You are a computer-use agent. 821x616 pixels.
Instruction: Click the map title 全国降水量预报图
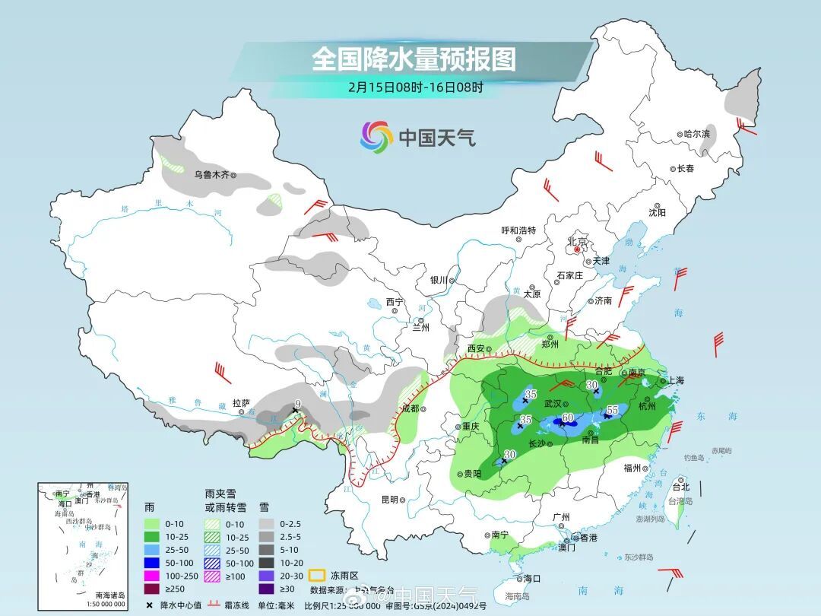tap(414, 59)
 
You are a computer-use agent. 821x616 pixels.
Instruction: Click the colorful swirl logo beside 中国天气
tap(376, 137)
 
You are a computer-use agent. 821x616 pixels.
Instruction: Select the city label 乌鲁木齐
tap(212, 174)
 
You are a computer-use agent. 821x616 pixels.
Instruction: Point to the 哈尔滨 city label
tap(696, 133)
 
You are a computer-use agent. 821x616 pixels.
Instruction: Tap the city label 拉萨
tap(241, 403)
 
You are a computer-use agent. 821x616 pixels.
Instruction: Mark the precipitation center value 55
tap(611, 411)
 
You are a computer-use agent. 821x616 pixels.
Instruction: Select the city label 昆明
tap(389, 500)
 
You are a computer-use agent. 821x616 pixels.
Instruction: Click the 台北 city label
tap(681, 487)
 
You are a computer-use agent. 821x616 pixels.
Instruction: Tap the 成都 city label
tap(410, 408)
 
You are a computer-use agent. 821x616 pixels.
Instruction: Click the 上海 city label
tap(676, 380)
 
